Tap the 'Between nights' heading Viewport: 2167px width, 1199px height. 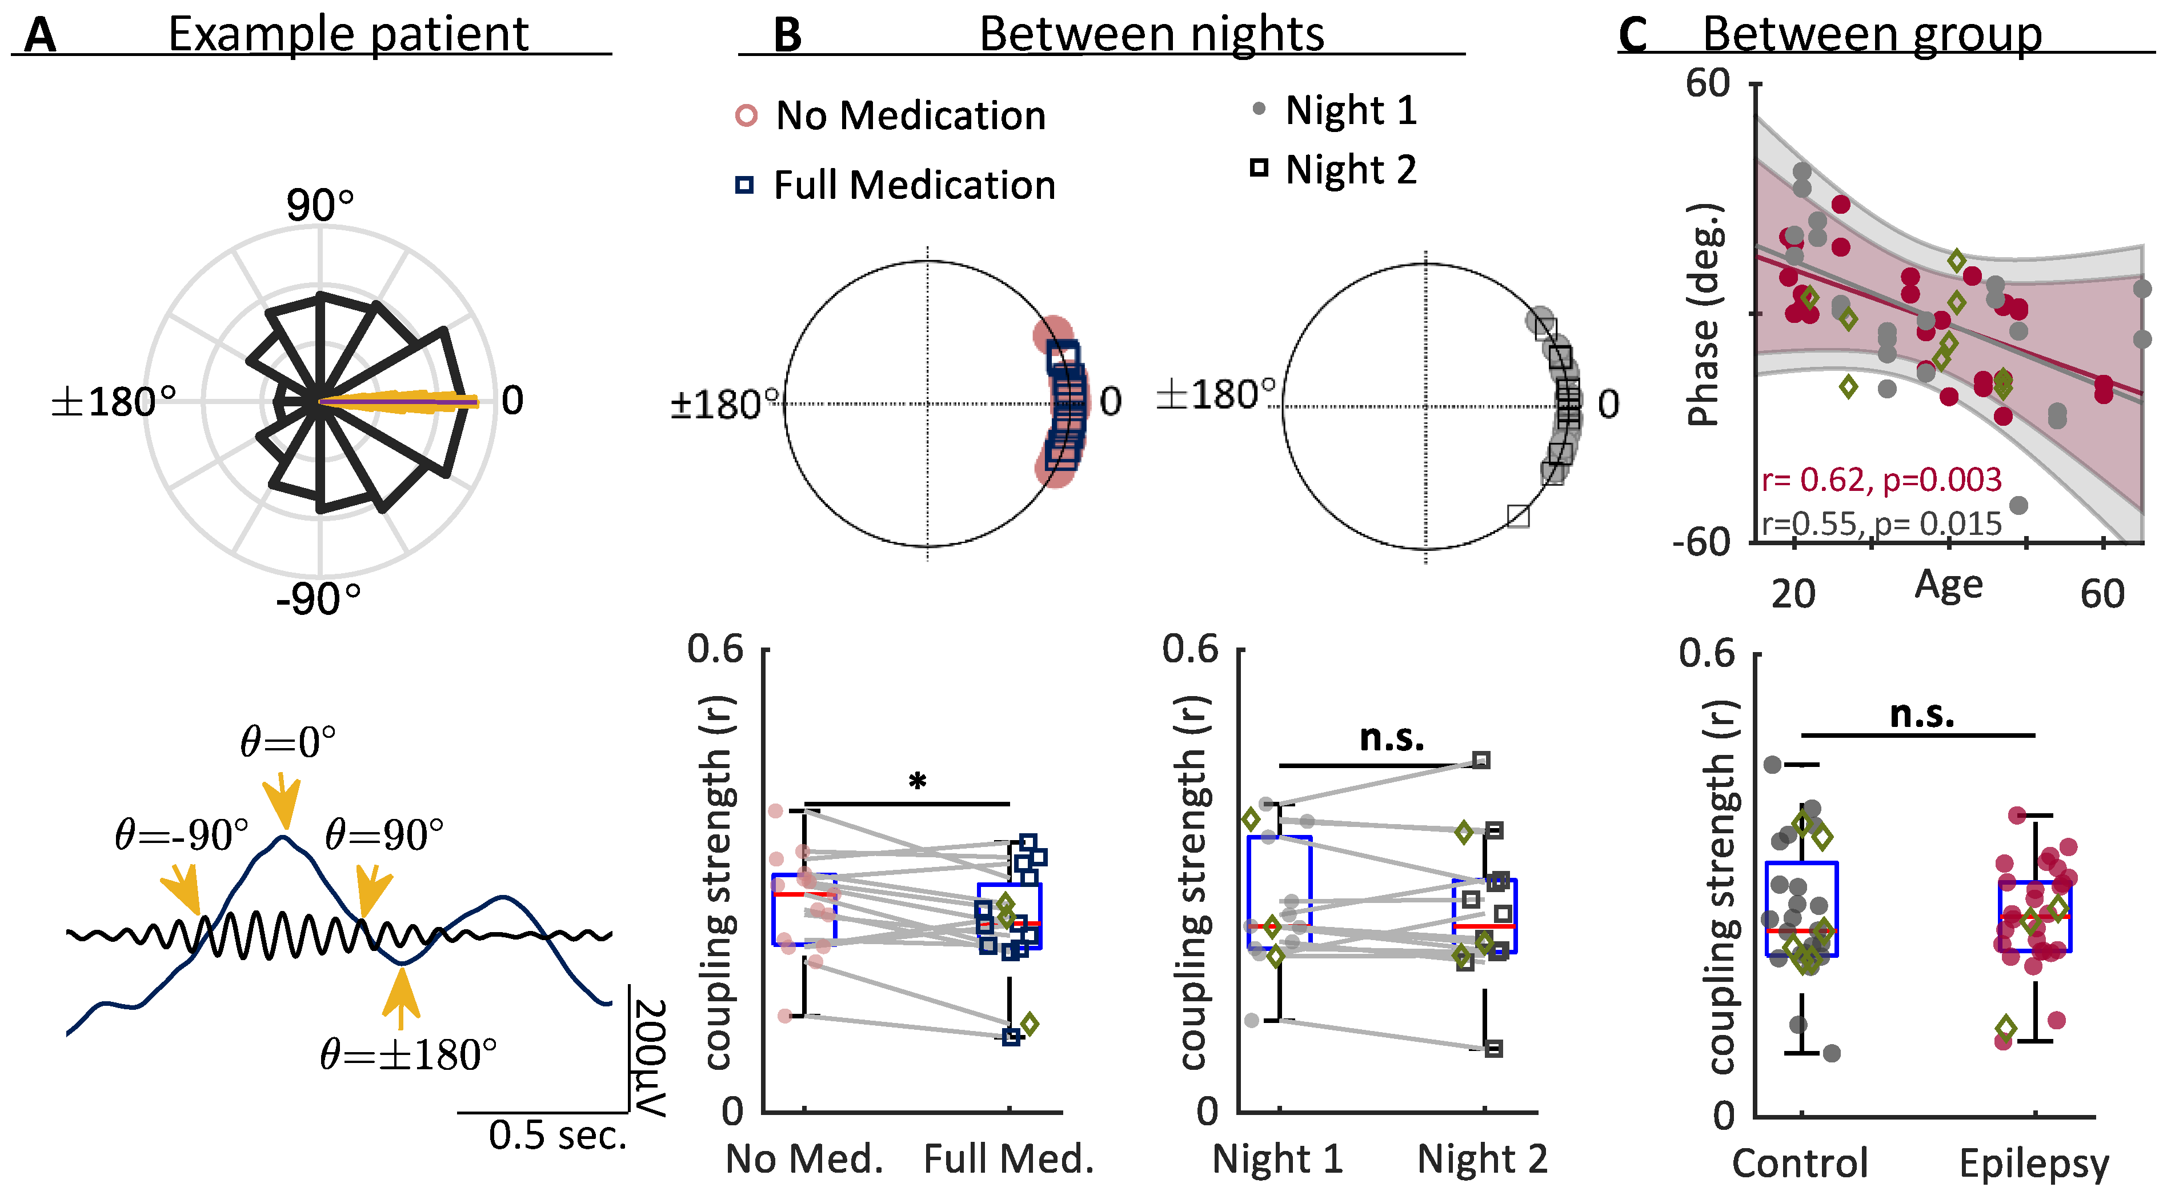point(1151,35)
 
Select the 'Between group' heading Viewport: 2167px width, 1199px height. point(1872,35)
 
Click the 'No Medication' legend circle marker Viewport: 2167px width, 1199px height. point(746,115)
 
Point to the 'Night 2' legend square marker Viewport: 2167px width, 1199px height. point(1259,168)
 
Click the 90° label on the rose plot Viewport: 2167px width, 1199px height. point(320,205)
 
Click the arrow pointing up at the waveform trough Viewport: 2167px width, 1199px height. point(401,997)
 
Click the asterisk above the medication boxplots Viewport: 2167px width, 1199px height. point(917,782)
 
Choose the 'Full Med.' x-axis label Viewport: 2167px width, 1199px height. point(1008,1160)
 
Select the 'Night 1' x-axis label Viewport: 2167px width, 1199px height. point(1277,1160)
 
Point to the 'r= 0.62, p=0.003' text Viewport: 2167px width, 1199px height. point(1882,479)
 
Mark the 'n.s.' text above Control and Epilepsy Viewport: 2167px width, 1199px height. point(1922,714)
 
